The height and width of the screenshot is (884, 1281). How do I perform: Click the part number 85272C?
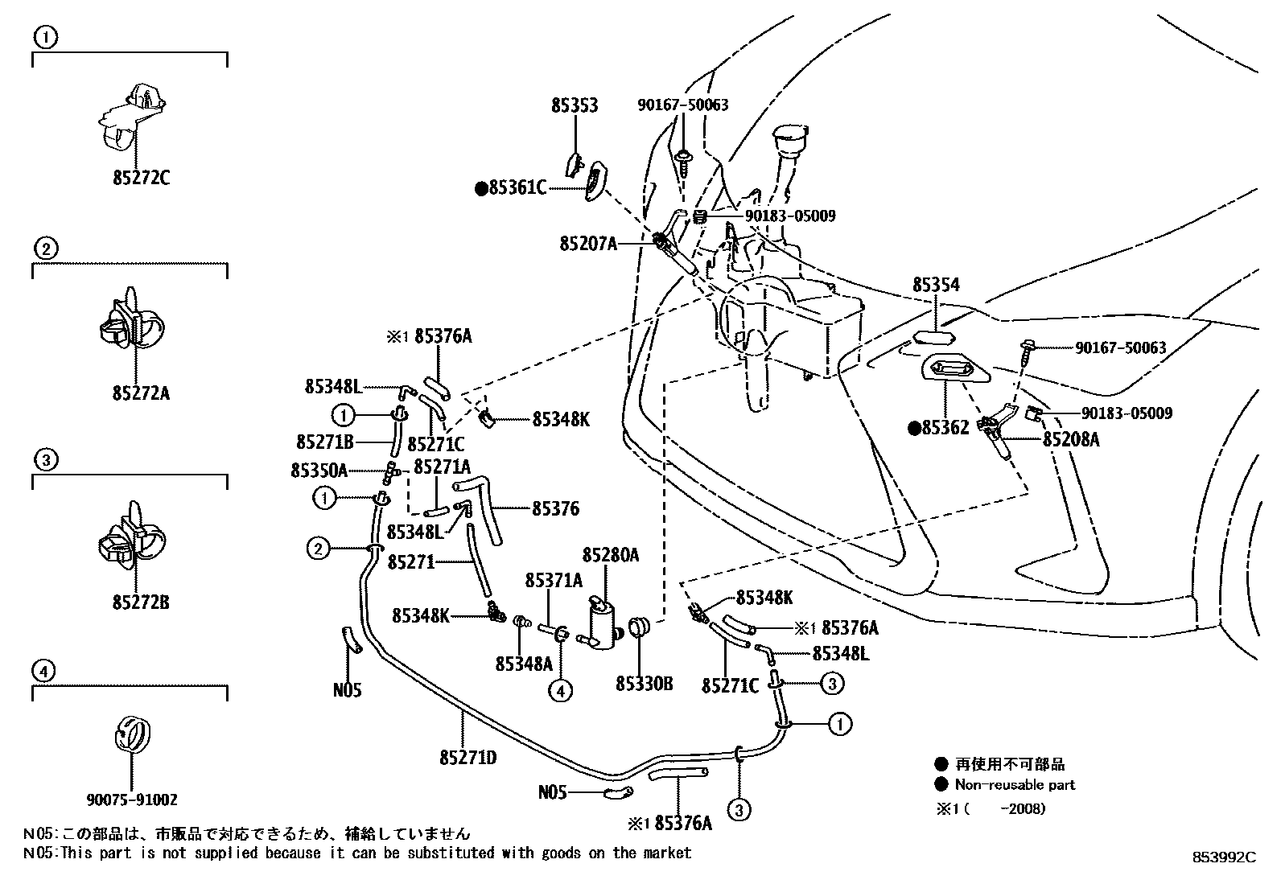(x=141, y=178)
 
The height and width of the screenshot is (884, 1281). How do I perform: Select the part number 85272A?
(x=141, y=393)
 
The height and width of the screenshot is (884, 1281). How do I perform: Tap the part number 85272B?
(x=141, y=602)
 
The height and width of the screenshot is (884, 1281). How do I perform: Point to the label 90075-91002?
(x=132, y=800)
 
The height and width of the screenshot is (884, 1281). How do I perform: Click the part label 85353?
(x=575, y=105)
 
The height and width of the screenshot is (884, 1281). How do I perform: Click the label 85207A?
(x=588, y=242)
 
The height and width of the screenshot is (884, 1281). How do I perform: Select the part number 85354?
(x=936, y=286)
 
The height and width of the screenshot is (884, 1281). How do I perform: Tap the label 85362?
(x=945, y=429)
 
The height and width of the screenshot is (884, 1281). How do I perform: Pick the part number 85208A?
(x=1071, y=439)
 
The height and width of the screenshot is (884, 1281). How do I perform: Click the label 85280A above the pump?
(x=611, y=554)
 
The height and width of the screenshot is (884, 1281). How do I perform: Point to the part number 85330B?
(x=644, y=685)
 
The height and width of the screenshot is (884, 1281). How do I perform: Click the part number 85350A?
(x=319, y=471)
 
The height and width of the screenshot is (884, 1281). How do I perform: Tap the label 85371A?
(x=554, y=580)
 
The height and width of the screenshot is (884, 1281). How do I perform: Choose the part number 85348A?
(x=524, y=664)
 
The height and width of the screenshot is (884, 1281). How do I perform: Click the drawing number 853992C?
(x=1224, y=857)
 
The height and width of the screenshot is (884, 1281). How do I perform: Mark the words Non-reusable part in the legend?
(x=1015, y=784)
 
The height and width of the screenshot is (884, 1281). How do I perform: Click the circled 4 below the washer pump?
(x=561, y=690)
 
